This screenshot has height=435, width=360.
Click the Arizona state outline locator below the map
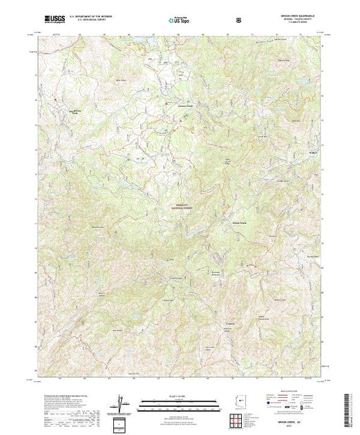pyautogui.click(x=236, y=401)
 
